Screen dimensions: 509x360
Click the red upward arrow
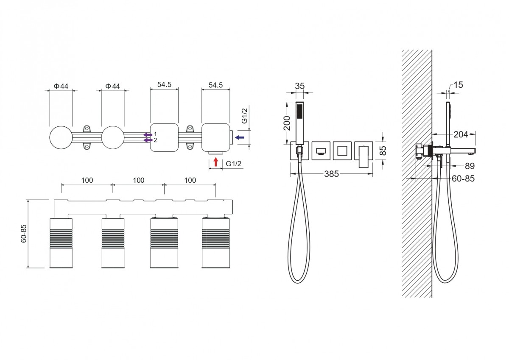point(215,162)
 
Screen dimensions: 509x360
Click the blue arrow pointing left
point(240,137)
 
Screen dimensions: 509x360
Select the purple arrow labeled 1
point(148,135)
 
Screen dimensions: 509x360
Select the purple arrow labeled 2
point(148,140)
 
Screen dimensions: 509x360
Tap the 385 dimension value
point(332,174)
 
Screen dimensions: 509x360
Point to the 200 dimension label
point(287,123)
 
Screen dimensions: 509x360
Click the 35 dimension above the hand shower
point(300,86)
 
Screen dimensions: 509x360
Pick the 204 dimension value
point(461,134)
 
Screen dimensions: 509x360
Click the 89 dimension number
point(470,166)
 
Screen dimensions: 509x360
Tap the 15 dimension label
point(459,85)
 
